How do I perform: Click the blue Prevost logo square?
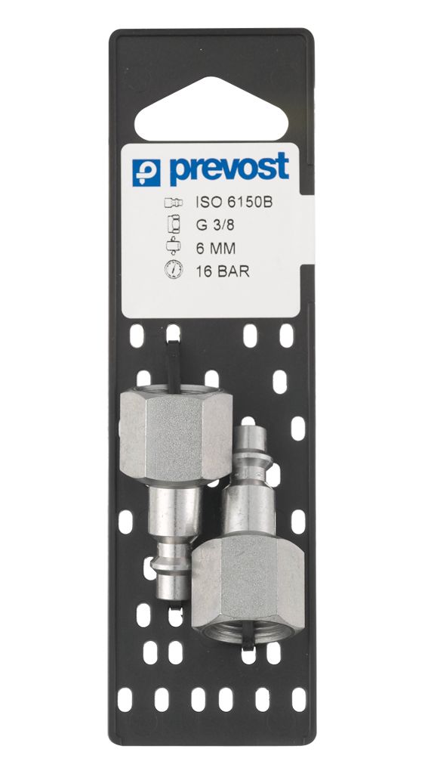(146, 172)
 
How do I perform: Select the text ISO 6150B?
(234, 203)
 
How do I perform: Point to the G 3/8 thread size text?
(214, 225)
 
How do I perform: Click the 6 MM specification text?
(215, 248)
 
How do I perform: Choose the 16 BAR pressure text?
(223, 271)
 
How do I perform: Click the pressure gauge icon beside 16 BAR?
(174, 270)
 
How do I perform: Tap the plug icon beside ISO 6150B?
(174, 203)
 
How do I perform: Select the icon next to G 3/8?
(174, 224)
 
